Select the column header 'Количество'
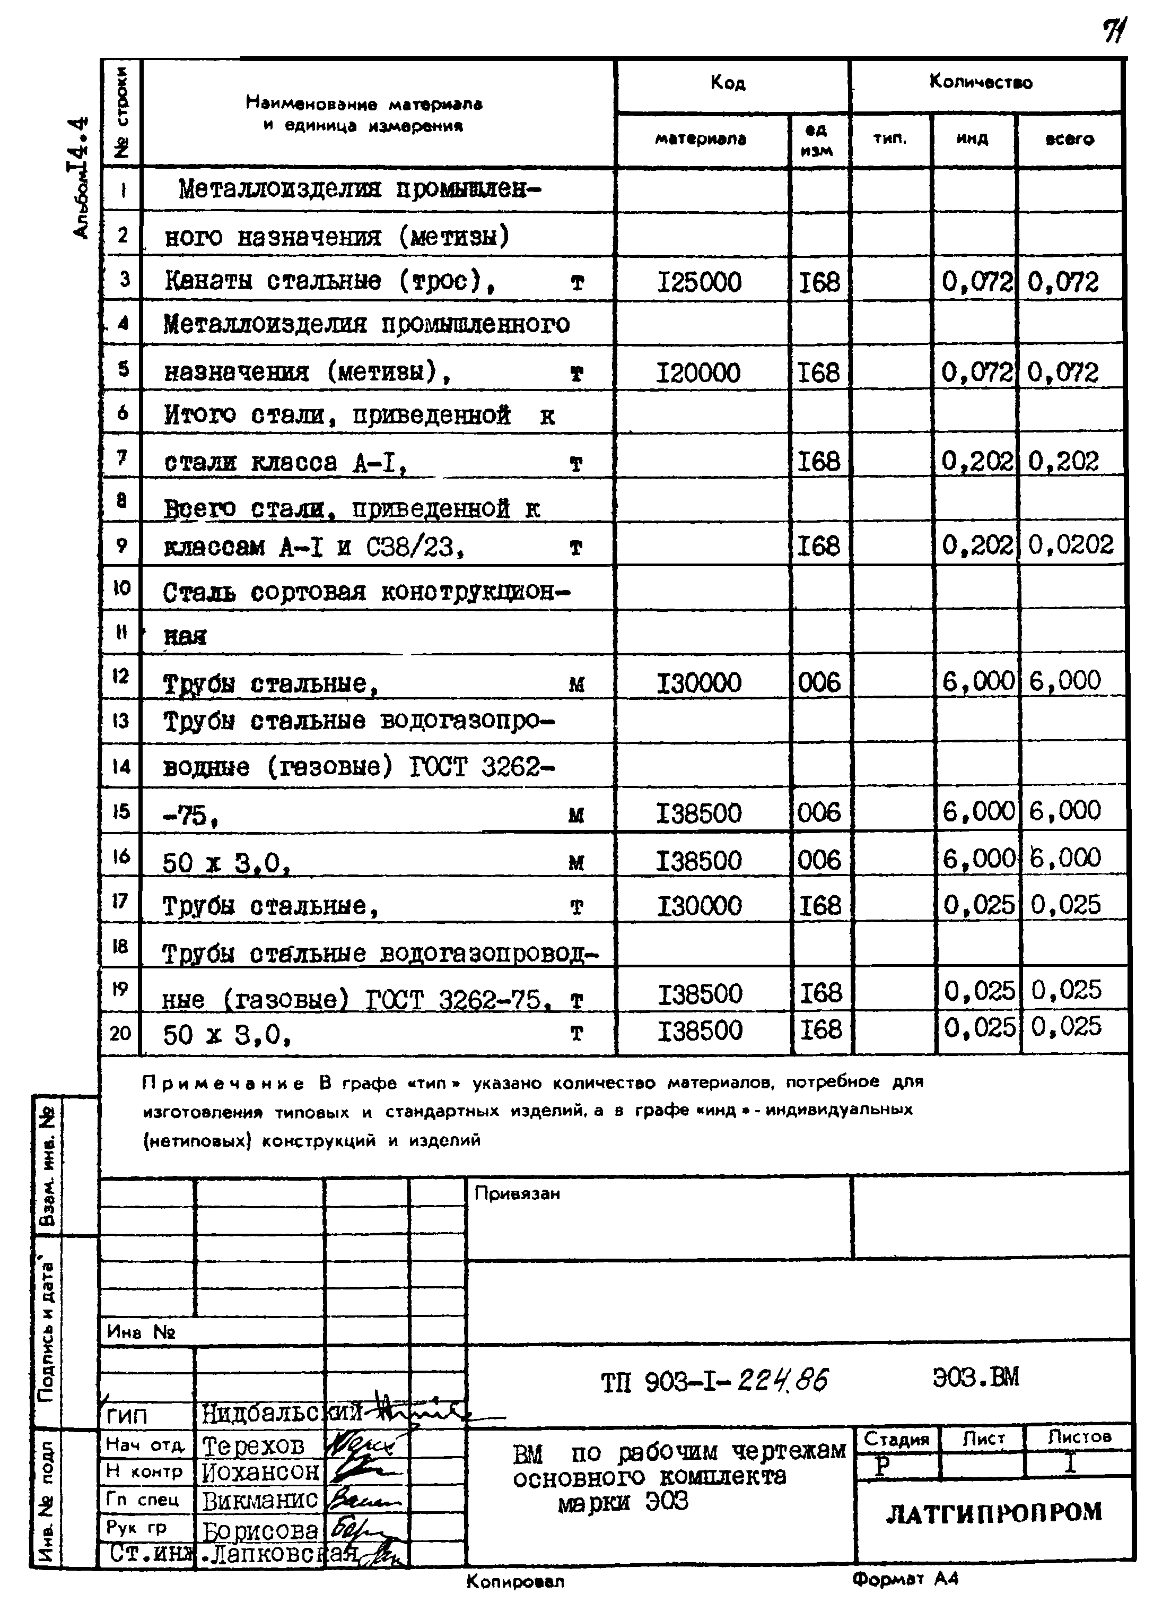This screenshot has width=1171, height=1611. pyautogui.click(x=981, y=82)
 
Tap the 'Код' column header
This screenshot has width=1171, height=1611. pyautogui.click(x=728, y=84)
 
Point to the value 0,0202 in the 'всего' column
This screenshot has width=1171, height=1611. pyautogui.click(x=1071, y=545)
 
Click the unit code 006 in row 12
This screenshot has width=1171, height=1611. pyautogui.click(x=819, y=682)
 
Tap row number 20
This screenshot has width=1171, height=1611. pyautogui.click(x=121, y=1032)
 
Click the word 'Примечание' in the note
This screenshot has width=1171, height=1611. pyautogui.click(x=223, y=1084)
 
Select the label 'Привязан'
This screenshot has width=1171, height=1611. pyautogui.click(x=517, y=1194)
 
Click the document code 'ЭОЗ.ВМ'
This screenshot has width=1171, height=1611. pyautogui.click(x=976, y=1378)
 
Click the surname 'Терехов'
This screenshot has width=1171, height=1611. pyautogui.click(x=254, y=1445)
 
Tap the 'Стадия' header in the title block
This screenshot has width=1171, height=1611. pyautogui.click(x=897, y=1439)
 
